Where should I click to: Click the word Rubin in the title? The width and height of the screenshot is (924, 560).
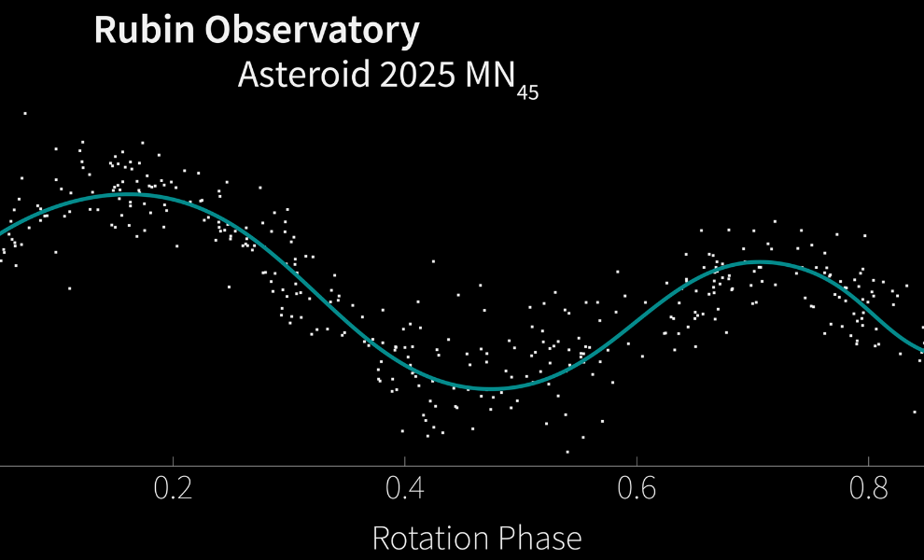[145, 31]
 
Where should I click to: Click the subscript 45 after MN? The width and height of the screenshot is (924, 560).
[527, 91]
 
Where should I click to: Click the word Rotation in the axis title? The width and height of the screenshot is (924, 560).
[427, 539]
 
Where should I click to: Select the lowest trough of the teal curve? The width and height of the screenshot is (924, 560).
[490, 388]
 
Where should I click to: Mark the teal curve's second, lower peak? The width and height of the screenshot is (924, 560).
[758, 261]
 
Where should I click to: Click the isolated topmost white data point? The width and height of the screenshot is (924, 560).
[24, 113]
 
